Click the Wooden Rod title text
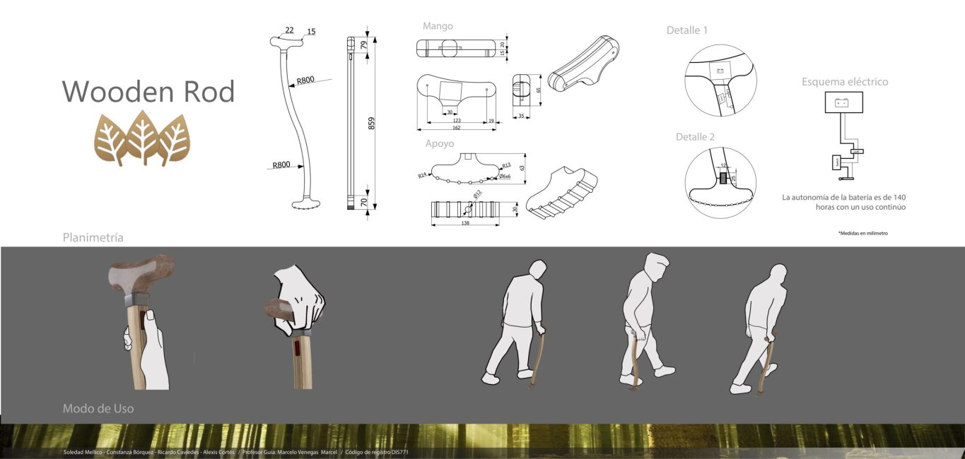148,92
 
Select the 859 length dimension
371,123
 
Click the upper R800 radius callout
305,81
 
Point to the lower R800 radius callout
281,165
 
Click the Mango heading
438,26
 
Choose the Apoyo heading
440,143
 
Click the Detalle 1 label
686,30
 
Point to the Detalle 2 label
695,137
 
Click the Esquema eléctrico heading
844,82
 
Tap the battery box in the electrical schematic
843,103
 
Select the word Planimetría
93,237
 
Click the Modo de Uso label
98,408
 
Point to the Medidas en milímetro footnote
862,233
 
